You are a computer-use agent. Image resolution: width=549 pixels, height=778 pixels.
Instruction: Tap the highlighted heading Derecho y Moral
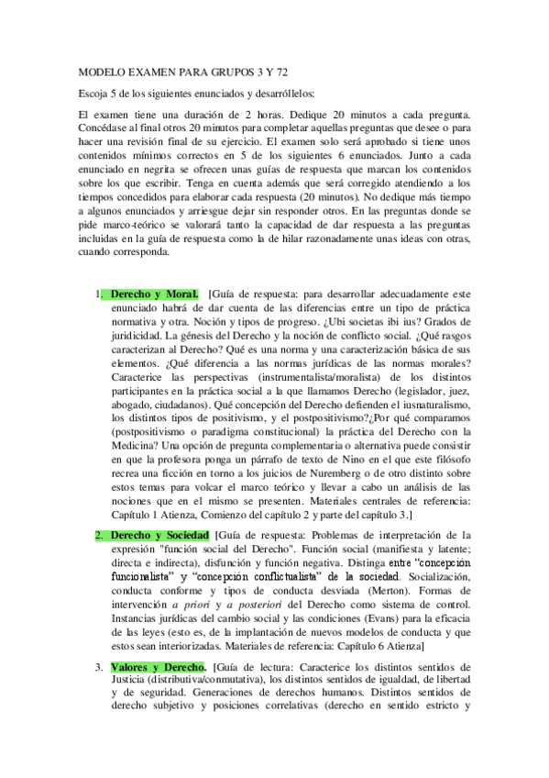pos(154,294)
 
